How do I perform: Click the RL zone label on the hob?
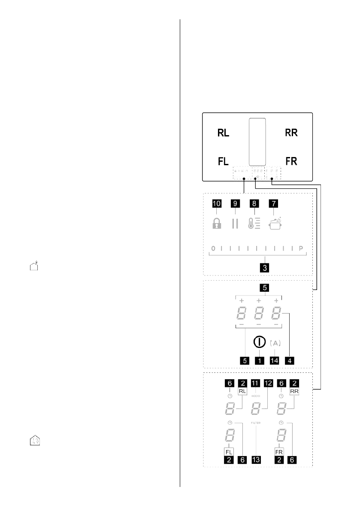click(223, 133)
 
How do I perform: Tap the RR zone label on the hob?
click(291, 133)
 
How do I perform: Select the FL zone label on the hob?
click(223, 161)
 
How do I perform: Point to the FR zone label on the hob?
click(291, 161)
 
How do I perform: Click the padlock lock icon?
click(217, 224)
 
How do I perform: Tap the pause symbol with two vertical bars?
click(234, 224)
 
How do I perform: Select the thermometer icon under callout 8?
click(254, 224)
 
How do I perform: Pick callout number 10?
click(216, 204)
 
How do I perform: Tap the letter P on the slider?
click(301, 248)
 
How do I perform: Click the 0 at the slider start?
click(213, 248)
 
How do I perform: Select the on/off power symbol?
click(258, 342)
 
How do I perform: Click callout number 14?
click(275, 360)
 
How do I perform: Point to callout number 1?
click(258, 360)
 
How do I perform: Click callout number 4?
click(290, 360)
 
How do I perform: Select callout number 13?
click(256, 460)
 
